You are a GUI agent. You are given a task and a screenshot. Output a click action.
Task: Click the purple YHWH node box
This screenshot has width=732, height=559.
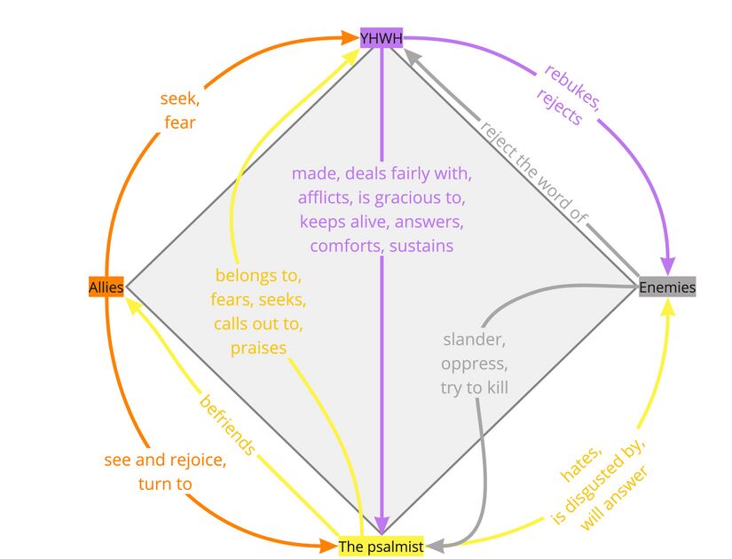[x=382, y=37]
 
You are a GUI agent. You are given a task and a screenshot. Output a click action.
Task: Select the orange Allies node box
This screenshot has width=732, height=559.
[x=106, y=287]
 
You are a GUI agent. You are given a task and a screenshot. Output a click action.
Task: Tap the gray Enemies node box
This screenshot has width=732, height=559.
[x=667, y=287]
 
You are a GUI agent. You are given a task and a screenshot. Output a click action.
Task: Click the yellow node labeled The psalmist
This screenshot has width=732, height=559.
[x=382, y=547]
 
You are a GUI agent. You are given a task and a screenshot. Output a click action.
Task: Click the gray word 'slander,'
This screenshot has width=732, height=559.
[x=475, y=340]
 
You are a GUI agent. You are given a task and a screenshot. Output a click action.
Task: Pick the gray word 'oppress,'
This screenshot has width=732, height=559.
[x=475, y=364]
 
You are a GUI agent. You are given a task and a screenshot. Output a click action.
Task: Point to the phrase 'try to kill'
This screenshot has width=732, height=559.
[x=475, y=388]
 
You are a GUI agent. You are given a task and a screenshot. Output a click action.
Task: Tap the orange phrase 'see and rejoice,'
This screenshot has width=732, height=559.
[x=165, y=461]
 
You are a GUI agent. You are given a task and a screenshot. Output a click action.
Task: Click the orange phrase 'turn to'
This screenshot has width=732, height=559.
[x=165, y=484]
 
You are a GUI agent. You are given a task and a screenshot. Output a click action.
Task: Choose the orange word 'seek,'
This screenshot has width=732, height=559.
[x=179, y=98]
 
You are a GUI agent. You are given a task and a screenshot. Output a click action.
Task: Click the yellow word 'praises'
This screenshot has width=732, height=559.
[x=258, y=348]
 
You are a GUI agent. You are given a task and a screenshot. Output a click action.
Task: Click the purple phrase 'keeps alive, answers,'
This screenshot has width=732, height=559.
[x=382, y=221]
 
